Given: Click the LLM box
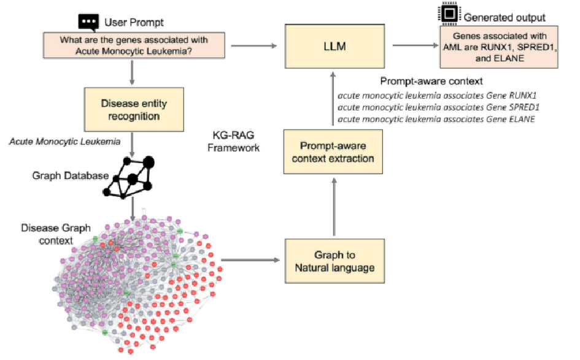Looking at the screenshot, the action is [334, 46].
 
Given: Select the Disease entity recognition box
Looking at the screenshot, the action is [134, 109].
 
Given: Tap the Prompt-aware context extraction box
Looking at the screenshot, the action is [333, 151].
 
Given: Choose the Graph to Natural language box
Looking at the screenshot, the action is [334, 261].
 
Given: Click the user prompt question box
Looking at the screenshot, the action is [134, 45].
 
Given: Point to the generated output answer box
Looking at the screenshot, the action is [499, 47].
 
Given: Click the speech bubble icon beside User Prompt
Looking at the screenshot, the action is [88, 22].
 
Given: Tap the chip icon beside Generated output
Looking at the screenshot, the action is [449, 13].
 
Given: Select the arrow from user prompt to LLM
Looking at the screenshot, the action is [254, 46].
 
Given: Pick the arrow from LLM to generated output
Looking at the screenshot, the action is [416, 45].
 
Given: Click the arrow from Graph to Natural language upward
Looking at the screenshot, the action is [334, 207].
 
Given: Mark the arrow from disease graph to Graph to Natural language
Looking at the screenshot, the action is [250, 260].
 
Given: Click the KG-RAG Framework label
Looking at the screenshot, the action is [233, 142].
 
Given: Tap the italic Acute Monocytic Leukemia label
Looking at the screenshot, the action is [64, 142].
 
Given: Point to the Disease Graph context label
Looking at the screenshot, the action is [56, 234].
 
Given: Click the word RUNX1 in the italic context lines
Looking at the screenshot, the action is [523, 95].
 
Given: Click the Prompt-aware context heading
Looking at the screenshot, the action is [431, 82].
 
